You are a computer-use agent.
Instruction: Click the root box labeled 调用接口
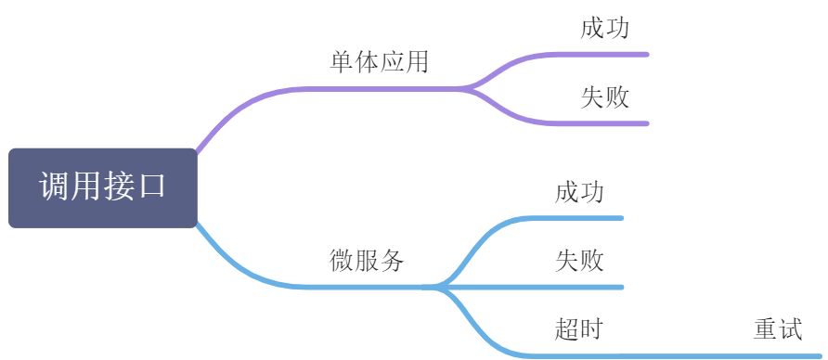pyautogui.click(x=102, y=187)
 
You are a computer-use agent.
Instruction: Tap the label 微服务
pyautogui.click(x=367, y=261)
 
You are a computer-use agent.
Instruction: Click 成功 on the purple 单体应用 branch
pyautogui.click(x=605, y=29)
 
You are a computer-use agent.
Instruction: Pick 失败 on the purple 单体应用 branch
pyautogui.click(x=605, y=97)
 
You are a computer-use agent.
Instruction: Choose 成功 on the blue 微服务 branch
pyautogui.click(x=579, y=193)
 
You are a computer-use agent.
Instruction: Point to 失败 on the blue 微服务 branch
pyautogui.click(x=579, y=261)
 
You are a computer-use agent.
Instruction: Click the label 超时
pyautogui.click(x=579, y=328)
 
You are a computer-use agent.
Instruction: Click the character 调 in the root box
pyautogui.click(x=54, y=186)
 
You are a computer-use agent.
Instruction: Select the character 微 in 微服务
pyautogui.click(x=342, y=261)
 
